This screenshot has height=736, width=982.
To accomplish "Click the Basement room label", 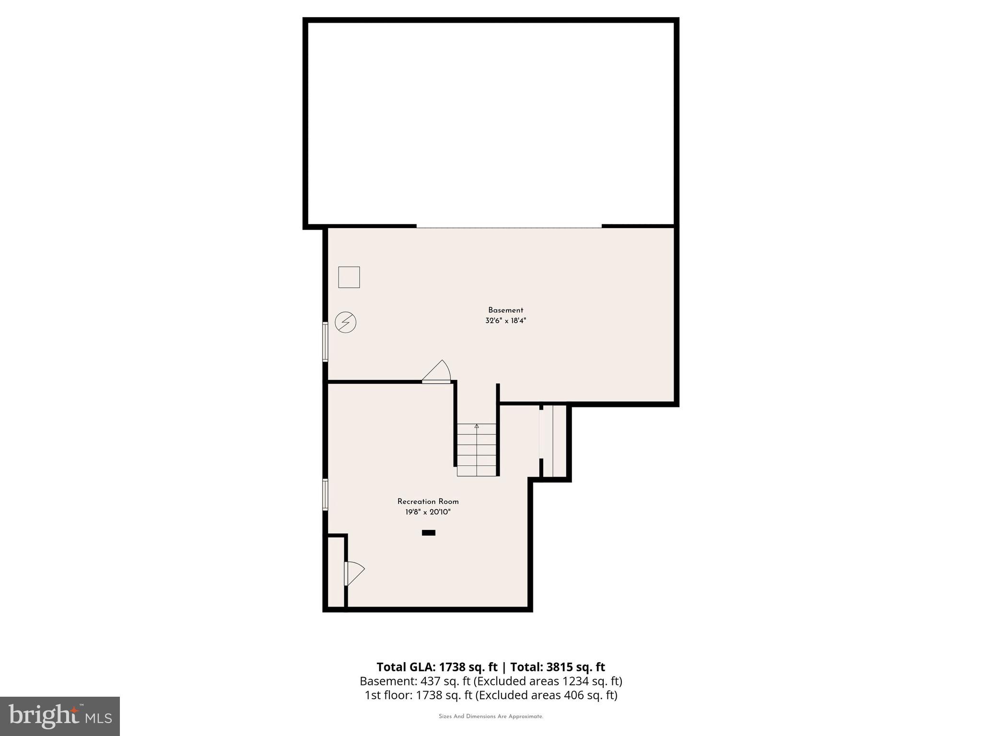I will pyautogui.click(x=505, y=310).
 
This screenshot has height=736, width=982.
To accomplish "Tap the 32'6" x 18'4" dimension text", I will pyautogui.click(x=505, y=321).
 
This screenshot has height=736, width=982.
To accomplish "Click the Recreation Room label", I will pyautogui.click(x=428, y=502).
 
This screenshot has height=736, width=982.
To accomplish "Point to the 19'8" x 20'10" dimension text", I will pyautogui.click(x=428, y=512).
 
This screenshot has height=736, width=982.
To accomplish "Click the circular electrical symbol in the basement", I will pyautogui.click(x=345, y=322).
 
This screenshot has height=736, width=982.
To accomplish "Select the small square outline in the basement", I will pyautogui.click(x=349, y=277).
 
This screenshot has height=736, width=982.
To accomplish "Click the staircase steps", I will pyautogui.click(x=476, y=450).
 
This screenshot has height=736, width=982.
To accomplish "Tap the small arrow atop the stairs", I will pyautogui.click(x=477, y=426).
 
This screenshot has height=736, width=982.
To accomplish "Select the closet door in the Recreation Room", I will pyautogui.click(x=353, y=573).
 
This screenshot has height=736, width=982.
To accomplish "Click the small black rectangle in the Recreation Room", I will pyautogui.click(x=428, y=532).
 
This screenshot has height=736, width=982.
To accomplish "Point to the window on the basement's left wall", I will pyautogui.click(x=325, y=342).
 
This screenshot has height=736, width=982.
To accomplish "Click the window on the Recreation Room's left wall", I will pyautogui.click(x=325, y=494).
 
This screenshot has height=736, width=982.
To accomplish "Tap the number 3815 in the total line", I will pyautogui.click(x=559, y=667).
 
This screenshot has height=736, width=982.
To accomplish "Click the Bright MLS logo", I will pyautogui.click(x=60, y=716).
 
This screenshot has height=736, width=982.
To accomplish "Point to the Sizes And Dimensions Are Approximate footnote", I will pyautogui.click(x=491, y=717).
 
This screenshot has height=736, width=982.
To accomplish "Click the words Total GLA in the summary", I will pyautogui.click(x=406, y=667).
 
